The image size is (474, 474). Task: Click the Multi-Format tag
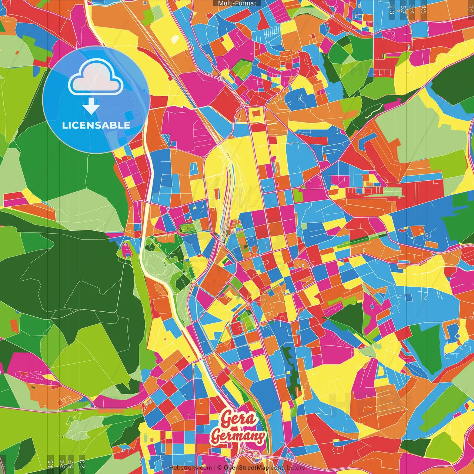(237, 3)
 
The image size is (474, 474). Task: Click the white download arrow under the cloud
(91, 106)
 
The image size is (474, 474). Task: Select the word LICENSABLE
(96, 125)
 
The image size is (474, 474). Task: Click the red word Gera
(239, 419)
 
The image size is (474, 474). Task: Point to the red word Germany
(238, 436)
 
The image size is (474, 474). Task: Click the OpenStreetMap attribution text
(246, 468)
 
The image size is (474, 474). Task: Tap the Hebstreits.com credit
(190, 468)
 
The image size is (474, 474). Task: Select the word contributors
(288, 468)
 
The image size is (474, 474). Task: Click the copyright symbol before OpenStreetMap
(220, 468)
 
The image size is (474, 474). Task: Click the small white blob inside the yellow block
(174, 39)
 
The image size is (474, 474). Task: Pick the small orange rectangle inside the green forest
(14, 325)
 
